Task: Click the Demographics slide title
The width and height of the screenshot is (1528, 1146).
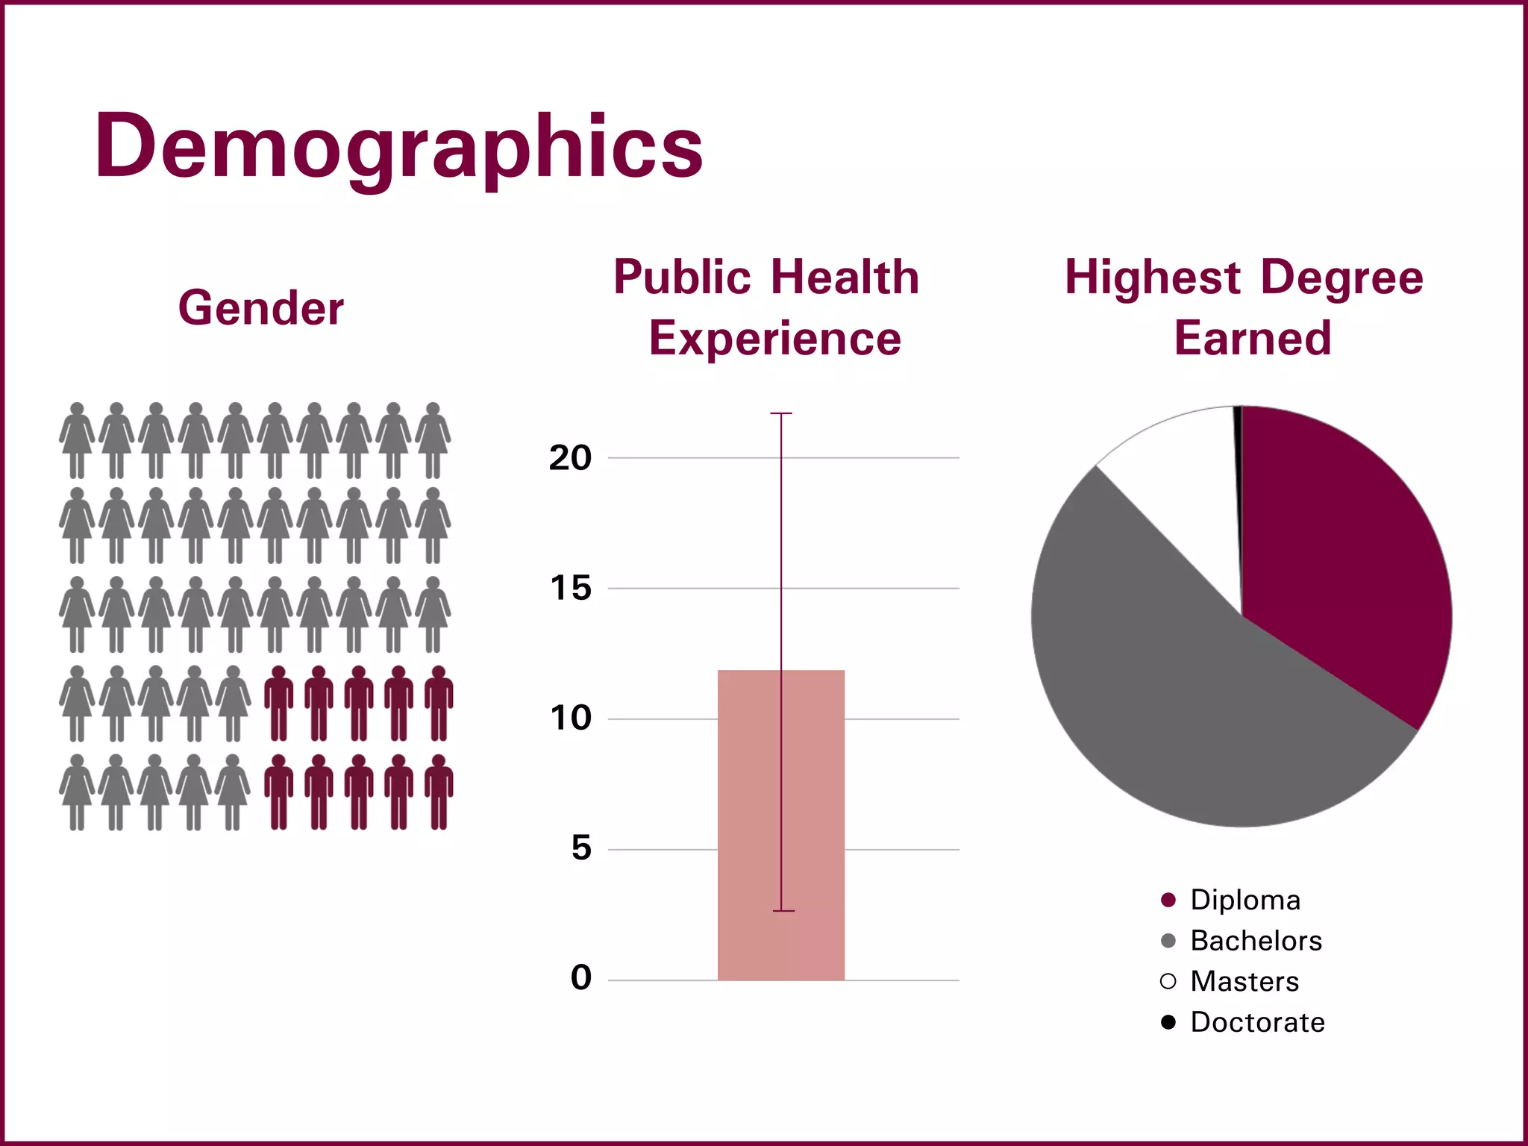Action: pyautogui.click(x=398, y=147)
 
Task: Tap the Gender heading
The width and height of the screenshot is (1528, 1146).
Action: pyautogui.click(x=260, y=308)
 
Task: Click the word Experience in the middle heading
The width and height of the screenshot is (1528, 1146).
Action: pyautogui.click(x=774, y=339)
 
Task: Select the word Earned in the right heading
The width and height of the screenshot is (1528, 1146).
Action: pyautogui.click(x=1252, y=339)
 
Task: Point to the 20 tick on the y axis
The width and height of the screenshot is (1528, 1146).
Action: pyautogui.click(x=570, y=458)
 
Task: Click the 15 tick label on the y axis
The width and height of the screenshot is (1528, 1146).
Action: pyautogui.click(x=570, y=589)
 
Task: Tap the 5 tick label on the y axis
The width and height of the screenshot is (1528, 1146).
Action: pyautogui.click(x=580, y=849)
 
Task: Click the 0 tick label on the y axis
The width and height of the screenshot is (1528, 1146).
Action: pyautogui.click(x=580, y=978)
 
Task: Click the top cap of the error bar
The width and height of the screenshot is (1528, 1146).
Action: pyautogui.click(x=781, y=413)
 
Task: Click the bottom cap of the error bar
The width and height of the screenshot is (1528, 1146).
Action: pyautogui.click(x=783, y=911)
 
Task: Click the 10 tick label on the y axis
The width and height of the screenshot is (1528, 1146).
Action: pyautogui.click(x=570, y=718)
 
